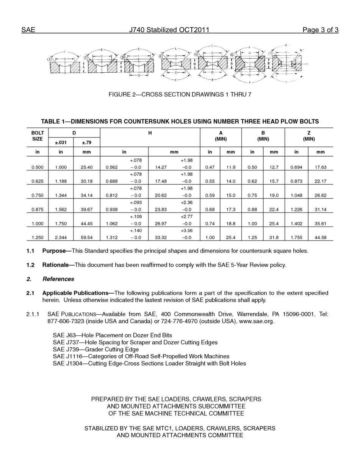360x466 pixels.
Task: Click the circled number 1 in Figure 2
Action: (x=49, y=59)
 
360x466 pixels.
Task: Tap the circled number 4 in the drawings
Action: (x=161, y=56)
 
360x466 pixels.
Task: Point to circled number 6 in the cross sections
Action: (x=232, y=55)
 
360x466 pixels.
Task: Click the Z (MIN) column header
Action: (x=309, y=136)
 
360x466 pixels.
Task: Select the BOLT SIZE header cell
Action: (x=37, y=136)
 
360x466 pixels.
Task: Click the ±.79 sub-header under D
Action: (x=86, y=143)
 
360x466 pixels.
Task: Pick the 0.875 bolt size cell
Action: (x=37, y=210)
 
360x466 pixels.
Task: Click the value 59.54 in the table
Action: (x=86, y=238)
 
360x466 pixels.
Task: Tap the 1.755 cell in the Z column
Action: (x=296, y=238)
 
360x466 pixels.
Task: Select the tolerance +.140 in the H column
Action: (x=136, y=231)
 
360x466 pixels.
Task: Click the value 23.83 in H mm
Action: (x=161, y=210)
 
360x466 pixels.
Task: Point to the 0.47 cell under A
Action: (x=210, y=167)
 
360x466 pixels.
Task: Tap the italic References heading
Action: (x=58, y=279)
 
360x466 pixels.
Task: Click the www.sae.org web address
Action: (x=256, y=321)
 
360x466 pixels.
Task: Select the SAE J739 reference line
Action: (x=95, y=349)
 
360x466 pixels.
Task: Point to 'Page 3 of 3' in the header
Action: (x=320, y=30)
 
